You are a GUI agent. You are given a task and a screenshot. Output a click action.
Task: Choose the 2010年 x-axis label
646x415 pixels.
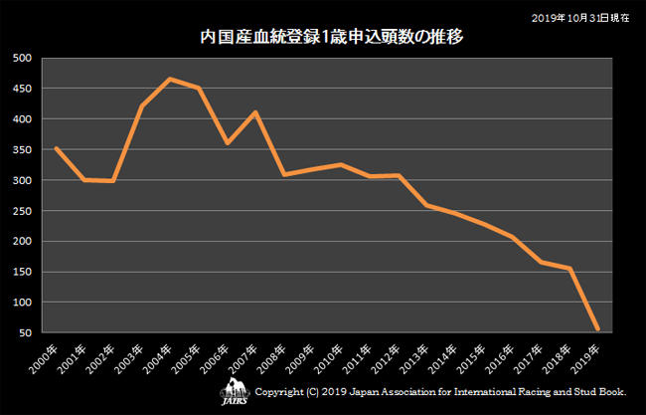[329, 356]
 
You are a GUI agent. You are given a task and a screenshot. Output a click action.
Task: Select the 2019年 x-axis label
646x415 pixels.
[584, 356]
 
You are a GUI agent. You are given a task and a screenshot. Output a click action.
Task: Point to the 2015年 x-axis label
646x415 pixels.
[471, 356]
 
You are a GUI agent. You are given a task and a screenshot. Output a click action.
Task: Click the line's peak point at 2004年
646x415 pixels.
[170, 79]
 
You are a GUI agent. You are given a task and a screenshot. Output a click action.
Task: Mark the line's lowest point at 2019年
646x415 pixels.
[597, 328]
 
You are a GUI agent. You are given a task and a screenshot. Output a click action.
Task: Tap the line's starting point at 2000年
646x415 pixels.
[56, 148]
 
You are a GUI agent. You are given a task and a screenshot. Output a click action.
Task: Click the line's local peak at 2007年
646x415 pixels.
[255, 112]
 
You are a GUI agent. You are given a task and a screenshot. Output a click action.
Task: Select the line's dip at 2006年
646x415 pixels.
[227, 143]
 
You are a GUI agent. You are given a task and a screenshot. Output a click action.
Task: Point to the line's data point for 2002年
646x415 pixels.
[112, 181]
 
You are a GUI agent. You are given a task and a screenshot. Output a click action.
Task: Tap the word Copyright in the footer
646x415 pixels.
[279, 392]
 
